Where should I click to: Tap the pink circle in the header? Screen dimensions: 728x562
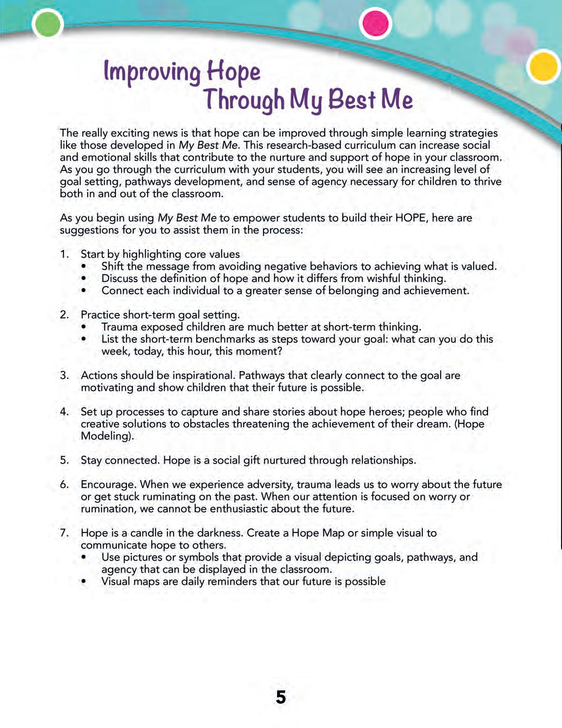point(376,23)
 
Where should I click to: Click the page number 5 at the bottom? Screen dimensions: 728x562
point(281,697)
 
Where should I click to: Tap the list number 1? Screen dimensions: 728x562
point(64,254)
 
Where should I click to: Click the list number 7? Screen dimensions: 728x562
point(64,533)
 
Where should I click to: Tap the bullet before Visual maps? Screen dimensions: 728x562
point(84,582)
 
